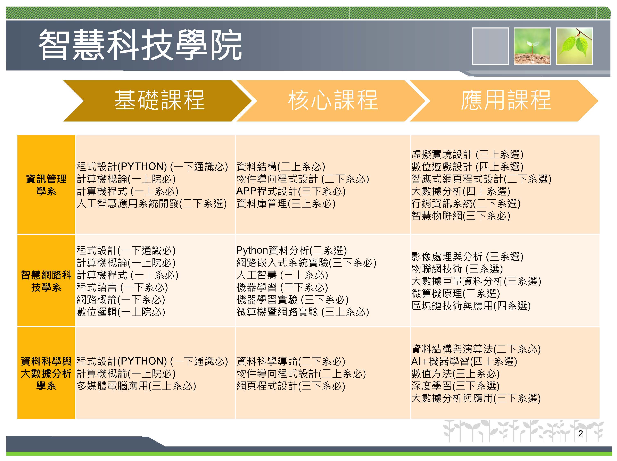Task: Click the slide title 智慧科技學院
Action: [140, 45]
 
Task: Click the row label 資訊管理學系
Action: [46, 185]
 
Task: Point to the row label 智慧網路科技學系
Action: [46, 281]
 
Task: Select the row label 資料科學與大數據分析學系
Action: [46, 374]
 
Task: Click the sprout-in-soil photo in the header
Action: [532, 46]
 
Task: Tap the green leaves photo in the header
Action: [574, 46]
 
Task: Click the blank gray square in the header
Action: [490, 46]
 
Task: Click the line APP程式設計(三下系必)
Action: [291, 191]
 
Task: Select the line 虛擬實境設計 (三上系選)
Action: [467, 154]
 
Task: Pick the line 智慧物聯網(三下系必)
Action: [461, 216]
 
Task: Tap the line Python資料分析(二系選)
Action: [291, 250]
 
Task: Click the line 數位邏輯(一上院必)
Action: [121, 312]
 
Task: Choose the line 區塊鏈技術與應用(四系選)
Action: [471, 306]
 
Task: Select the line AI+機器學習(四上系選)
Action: [464, 361]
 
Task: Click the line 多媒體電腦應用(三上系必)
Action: [136, 386]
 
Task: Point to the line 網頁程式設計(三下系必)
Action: [291, 386]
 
